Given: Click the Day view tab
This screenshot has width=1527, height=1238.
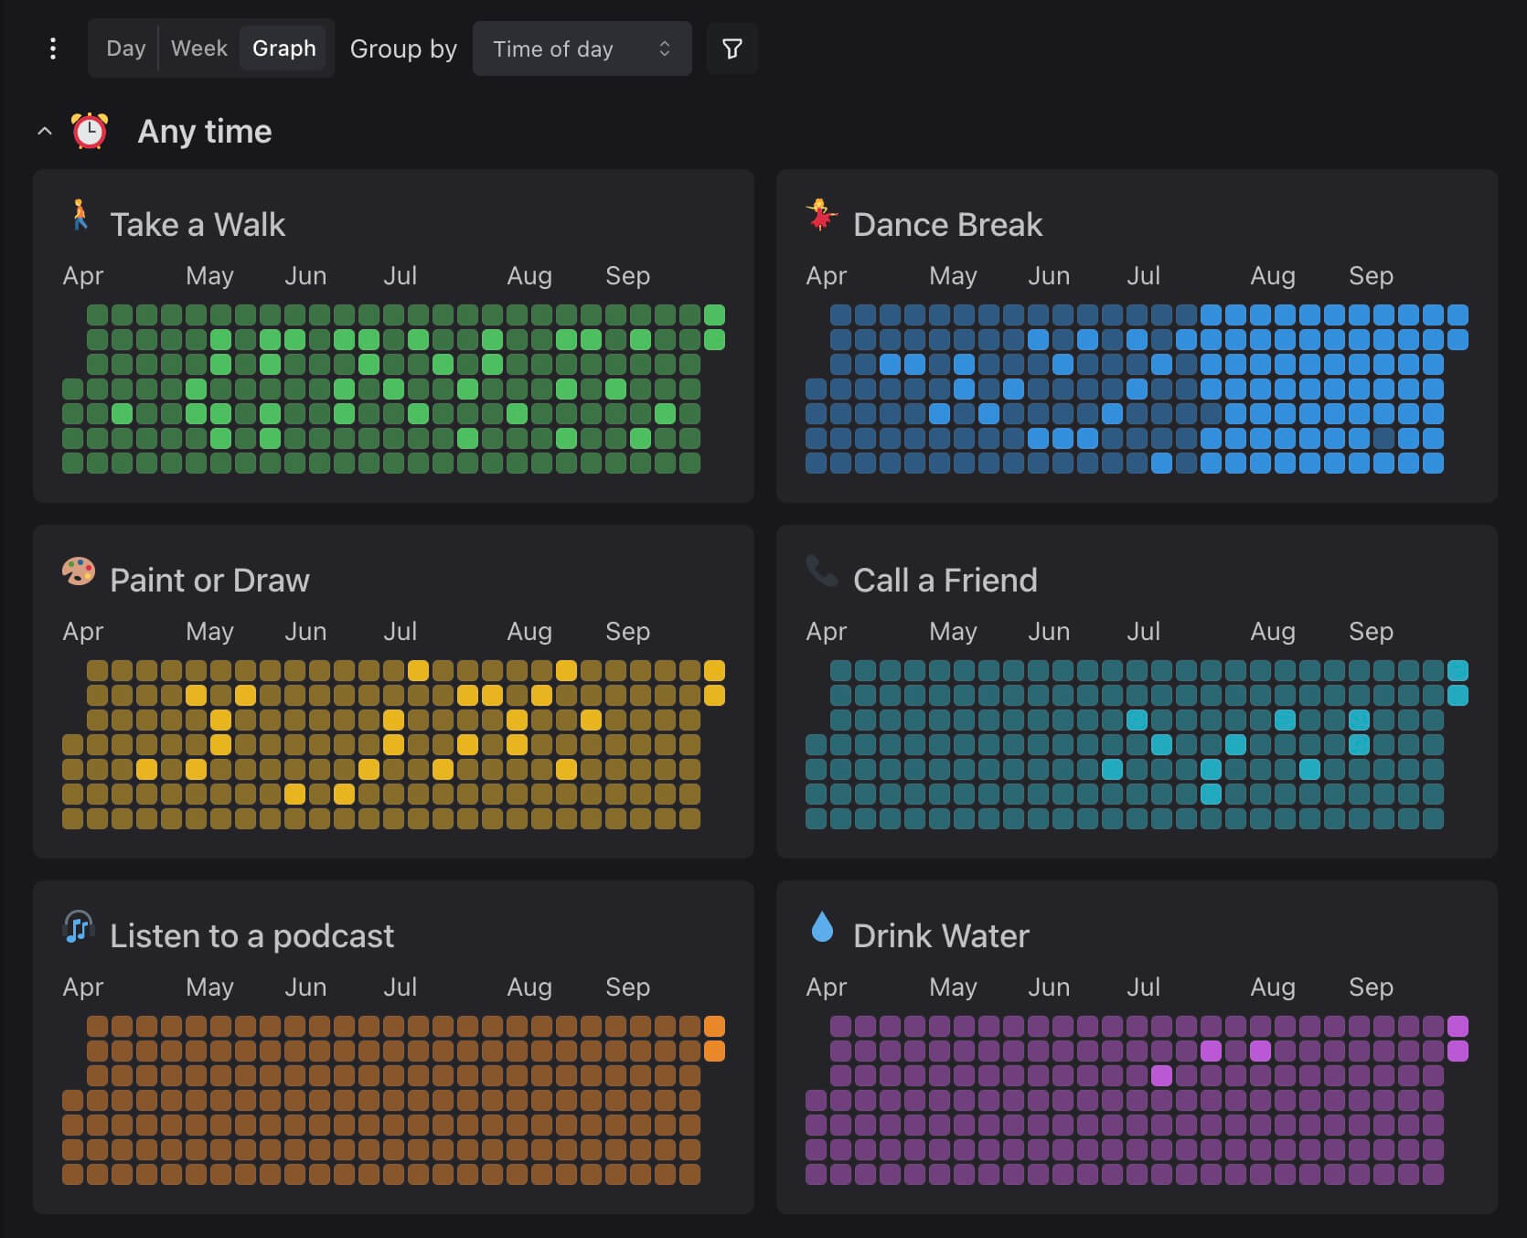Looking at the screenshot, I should click(x=125, y=48).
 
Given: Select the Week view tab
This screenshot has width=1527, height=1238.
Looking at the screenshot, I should click(x=198, y=48).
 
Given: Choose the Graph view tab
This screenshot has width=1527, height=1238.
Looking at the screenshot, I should click(x=283, y=48).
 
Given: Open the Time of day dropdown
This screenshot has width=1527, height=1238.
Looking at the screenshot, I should click(x=582, y=48).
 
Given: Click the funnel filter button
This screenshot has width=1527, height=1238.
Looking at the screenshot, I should click(x=731, y=48).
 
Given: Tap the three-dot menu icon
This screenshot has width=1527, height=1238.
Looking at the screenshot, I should click(x=53, y=48).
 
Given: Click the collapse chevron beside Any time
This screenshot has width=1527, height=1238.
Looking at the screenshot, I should click(x=44, y=132).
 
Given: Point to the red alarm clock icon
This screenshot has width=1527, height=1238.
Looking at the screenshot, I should click(x=90, y=131).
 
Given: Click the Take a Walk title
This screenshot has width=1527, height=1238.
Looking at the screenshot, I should click(x=198, y=225).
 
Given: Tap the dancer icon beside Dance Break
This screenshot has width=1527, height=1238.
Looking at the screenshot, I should click(x=821, y=216).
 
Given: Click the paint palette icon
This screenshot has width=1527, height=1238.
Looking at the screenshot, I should click(x=79, y=571).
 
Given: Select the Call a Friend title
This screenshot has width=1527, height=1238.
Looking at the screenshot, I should click(x=945, y=581).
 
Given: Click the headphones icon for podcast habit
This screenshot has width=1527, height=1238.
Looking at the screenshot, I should click(x=79, y=927).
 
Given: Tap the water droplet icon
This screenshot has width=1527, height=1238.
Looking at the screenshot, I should click(x=822, y=927).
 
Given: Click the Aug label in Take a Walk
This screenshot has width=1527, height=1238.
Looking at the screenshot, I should click(x=529, y=276).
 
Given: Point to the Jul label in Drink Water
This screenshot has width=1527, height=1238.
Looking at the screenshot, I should click(x=1143, y=987).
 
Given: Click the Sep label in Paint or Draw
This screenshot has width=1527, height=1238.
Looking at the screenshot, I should click(x=627, y=632).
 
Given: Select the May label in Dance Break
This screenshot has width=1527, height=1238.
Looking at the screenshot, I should click(x=953, y=276).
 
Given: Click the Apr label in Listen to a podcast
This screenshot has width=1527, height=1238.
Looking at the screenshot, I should click(x=82, y=987).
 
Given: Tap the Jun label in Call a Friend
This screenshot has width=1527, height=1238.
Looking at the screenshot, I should click(x=1048, y=632).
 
